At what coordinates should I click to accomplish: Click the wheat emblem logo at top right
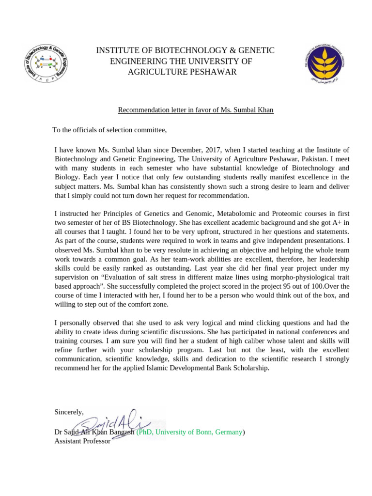(x=325, y=63)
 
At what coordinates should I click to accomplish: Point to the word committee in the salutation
(x=150, y=130)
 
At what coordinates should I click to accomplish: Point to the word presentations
(x=316, y=240)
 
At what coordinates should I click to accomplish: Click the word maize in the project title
(x=218, y=277)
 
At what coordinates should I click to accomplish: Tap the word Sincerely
(x=69, y=412)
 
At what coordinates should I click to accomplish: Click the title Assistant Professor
(x=82, y=441)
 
